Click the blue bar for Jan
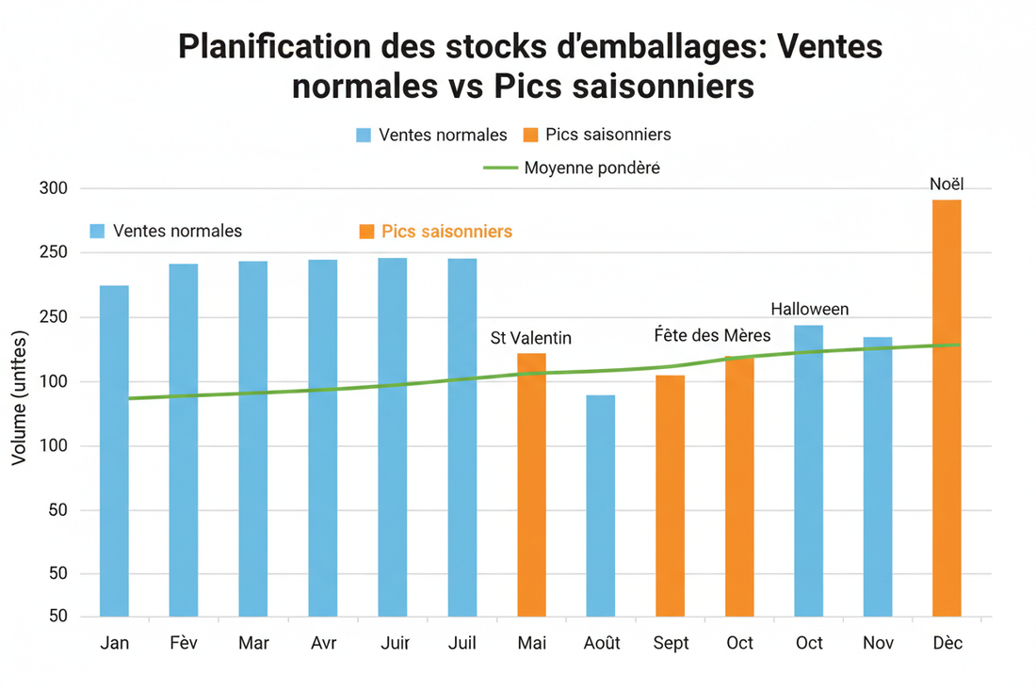pyautogui.click(x=114, y=451)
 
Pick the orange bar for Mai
pyautogui.click(x=531, y=485)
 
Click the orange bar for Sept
pyautogui.click(x=671, y=495)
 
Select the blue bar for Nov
pyautogui.click(x=878, y=476)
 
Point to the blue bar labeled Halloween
pyautogui.click(x=808, y=471)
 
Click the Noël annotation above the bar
pyautogui.click(x=947, y=185)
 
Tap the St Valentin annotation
pyautogui.click(x=531, y=339)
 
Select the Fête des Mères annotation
pyautogui.click(x=712, y=336)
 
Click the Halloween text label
pyautogui.click(x=809, y=309)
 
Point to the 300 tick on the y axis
pyautogui.click(x=55, y=188)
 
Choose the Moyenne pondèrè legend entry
pyautogui.click(x=591, y=168)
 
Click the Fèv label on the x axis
pyautogui.click(x=184, y=643)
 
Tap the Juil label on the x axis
pyautogui.click(x=461, y=643)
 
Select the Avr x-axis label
pyautogui.click(x=323, y=643)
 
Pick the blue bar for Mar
pyautogui.click(x=253, y=439)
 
